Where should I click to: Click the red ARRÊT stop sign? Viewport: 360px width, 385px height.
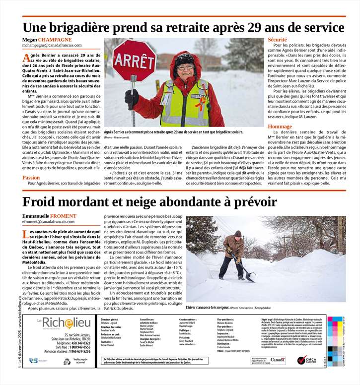[x=134, y=61]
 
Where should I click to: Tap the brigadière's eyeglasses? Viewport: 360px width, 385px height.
[x=185, y=66]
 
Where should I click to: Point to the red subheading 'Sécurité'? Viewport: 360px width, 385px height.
[x=277, y=39]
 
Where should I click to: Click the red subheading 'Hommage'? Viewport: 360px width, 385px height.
[x=280, y=127]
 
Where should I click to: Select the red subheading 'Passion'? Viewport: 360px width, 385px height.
[x=31, y=177]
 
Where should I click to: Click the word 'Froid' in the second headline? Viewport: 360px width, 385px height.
[x=44, y=202]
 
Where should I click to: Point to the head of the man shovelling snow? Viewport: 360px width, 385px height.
[x=238, y=234]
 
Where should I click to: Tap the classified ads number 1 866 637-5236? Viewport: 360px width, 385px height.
[x=80, y=351]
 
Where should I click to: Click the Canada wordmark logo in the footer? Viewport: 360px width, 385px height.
[x=278, y=359]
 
